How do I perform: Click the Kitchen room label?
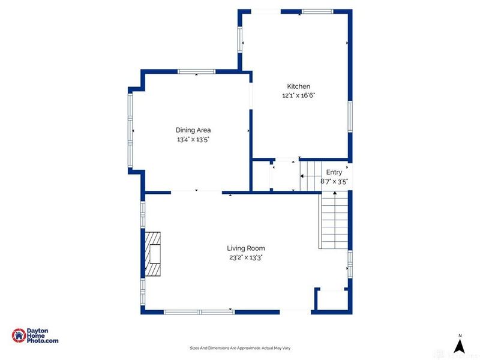click(298, 86)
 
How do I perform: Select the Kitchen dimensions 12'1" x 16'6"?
click(298, 95)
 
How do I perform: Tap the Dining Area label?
click(193, 130)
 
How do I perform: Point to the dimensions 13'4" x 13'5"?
click(193, 139)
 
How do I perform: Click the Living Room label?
click(245, 248)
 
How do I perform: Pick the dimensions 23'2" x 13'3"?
click(245, 257)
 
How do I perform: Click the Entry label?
click(334, 172)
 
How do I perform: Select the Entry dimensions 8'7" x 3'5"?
click(334, 181)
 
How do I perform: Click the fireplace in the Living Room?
click(152, 254)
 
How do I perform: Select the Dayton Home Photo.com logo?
click(35, 336)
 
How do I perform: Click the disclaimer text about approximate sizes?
click(240, 348)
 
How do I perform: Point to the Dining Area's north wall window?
click(196, 72)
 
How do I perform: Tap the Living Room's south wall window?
click(199, 311)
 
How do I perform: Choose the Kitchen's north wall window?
click(316, 11)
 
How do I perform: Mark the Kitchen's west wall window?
click(241, 40)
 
